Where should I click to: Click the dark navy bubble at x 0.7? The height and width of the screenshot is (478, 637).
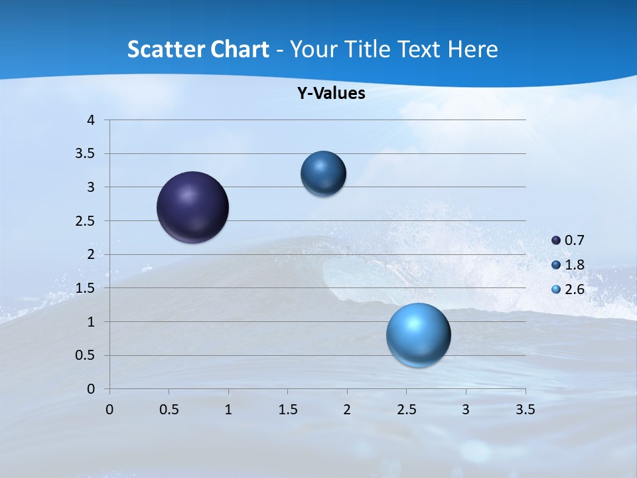[x=192, y=207]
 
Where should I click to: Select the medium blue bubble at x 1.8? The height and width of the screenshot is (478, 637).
[x=323, y=173]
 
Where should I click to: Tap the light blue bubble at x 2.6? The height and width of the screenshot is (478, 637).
[x=418, y=335]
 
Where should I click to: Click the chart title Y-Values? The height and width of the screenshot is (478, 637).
[x=330, y=94]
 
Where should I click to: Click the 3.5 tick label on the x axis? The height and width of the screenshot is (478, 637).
[x=526, y=410]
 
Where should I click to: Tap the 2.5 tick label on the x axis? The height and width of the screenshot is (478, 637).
[x=407, y=410]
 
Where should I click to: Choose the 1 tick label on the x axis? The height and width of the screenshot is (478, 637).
[x=228, y=410]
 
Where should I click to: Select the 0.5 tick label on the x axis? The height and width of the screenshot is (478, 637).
[x=169, y=410]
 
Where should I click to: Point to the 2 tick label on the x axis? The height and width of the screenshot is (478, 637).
[x=347, y=410]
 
